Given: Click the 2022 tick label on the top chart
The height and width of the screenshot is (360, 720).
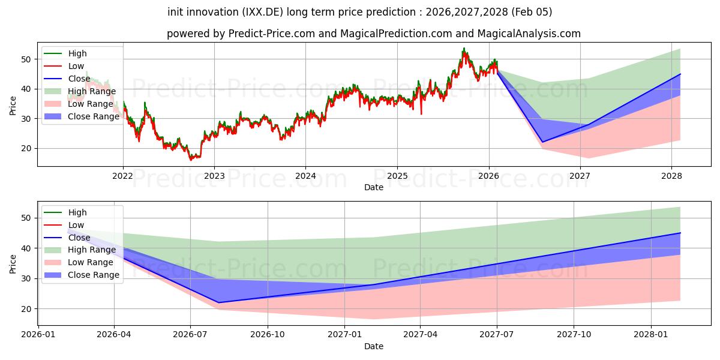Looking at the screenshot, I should pyautogui.click(x=123, y=176).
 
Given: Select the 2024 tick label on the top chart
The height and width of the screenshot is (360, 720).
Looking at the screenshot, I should pyautogui.click(x=305, y=176).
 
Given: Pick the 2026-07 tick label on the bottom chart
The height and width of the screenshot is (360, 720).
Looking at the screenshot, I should pyautogui.click(x=190, y=334).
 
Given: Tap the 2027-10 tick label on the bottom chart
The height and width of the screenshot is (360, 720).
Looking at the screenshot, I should pyautogui.click(x=574, y=334).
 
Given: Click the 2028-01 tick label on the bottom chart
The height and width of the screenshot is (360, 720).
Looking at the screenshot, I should pyautogui.click(x=651, y=334).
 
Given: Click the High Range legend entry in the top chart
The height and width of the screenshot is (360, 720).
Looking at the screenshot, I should pyautogui.click(x=92, y=91).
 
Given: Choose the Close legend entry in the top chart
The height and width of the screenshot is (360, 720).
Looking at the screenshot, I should pyautogui.click(x=80, y=79).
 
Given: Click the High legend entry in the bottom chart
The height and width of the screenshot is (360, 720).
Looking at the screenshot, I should pyautogui.click(x=77, y=212).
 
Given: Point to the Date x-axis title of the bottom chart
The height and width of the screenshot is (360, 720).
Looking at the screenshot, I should pyautogui.click(x=374, y=346).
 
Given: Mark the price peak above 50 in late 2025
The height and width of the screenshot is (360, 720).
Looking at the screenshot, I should pyautogui.click(x=464, y=49).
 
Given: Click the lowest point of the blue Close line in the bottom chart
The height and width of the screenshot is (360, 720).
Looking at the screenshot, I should pyautogui.click(x=218, y=302).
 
